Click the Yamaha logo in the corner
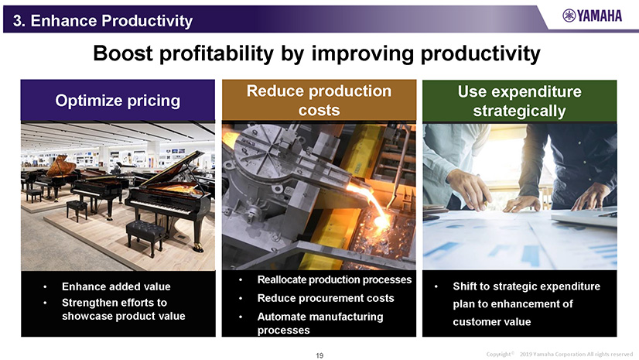(592, 16)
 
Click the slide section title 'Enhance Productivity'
(111, 20)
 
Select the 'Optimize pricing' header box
(118, 101)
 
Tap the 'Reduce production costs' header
(319, 101)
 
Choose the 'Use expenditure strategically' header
(520, 101)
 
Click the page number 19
(319, 355)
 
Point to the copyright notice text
(559, 355)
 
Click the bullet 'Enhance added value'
(116, 286)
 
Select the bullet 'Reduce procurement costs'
(326, 298)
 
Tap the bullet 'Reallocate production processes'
(334, 279)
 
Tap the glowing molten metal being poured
(374, 206)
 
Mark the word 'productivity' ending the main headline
(480, 53)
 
